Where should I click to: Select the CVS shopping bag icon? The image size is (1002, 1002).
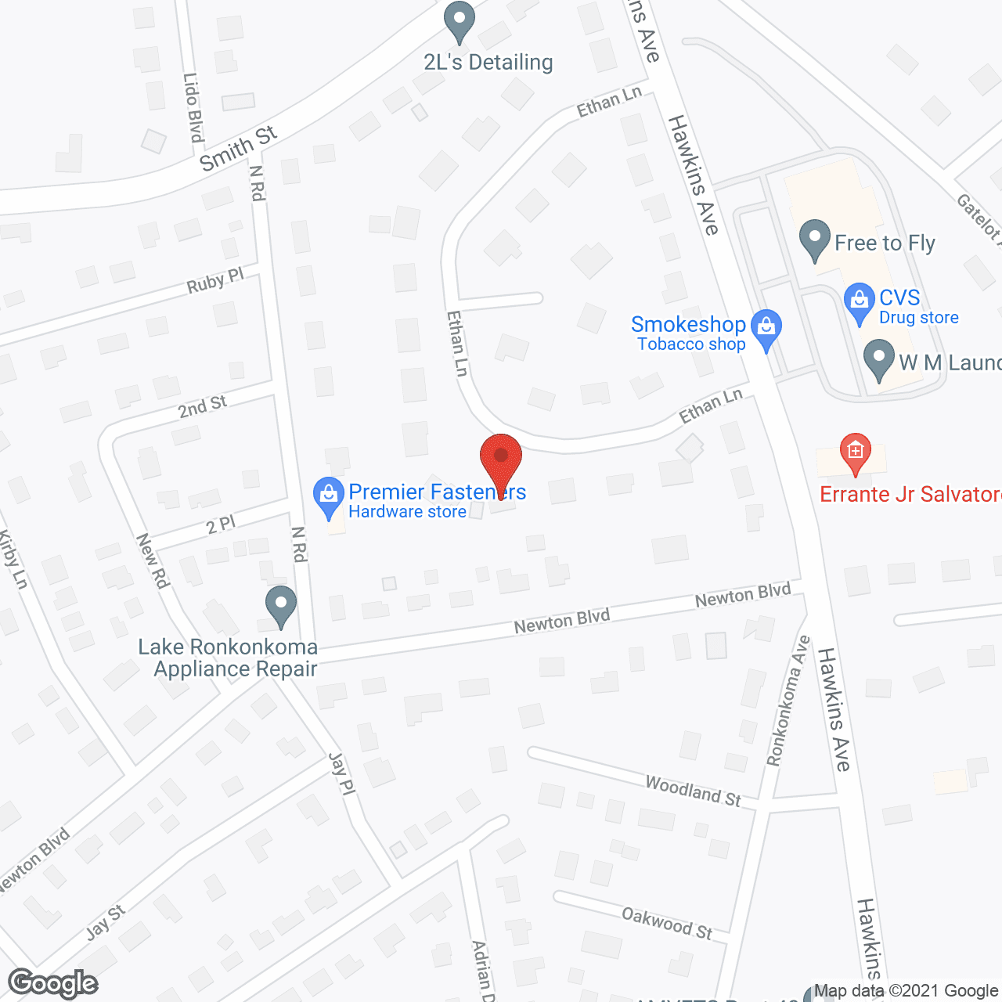[859, 302]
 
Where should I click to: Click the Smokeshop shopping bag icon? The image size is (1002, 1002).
[766, 329]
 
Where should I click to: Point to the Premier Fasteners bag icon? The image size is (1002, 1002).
[328, 497]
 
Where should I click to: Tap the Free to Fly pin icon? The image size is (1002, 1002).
[815, 240]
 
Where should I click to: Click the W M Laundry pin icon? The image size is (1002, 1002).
[878, 359]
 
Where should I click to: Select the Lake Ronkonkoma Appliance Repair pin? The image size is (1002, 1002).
[280, 606]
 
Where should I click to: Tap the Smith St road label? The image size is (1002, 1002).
[238, 148]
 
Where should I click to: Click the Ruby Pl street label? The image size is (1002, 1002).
[215, 281]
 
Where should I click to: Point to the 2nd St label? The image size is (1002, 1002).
[202, 406]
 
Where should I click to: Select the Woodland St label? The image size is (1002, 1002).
[693, 791]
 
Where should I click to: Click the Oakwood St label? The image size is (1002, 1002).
[667, 923]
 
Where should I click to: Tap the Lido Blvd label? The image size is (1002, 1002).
[193, 108]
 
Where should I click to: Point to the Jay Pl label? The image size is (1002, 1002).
[341, 774]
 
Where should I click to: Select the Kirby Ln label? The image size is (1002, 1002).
[13, 559]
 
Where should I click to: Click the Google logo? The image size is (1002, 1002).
[52, 983]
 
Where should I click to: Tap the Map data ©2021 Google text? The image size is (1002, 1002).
[906, 991]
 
